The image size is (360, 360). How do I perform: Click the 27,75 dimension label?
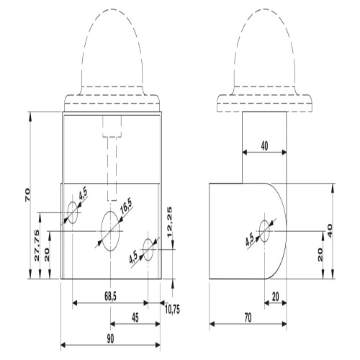pyautogui.click(x=37, y=246)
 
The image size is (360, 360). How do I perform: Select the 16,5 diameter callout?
pyautogui.click(x=126, y=207)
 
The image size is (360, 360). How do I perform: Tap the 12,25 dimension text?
pyautogui.click(x=169, y=222)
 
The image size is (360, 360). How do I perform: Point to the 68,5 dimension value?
pyautogui.click(x=110, y=297)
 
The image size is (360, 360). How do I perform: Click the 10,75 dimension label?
pyautogui.click(x=172, y=310)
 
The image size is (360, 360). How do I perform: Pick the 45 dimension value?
pyautogui.click(x=135, y=318)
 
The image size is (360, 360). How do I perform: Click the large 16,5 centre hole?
pyautogui.click(x=110, y=231)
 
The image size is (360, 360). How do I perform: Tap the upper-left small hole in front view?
pyautogui.click(x=72, y=212)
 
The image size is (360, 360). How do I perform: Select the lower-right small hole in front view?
pyautogui.click(x=148, y=250)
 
